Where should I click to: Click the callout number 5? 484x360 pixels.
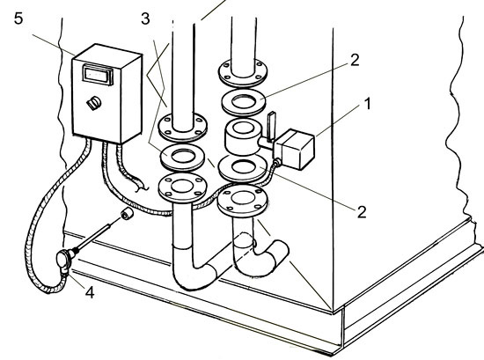(x=18, y=18)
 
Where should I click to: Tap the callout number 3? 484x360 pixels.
(x=145, y=18)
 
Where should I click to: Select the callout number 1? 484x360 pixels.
(x=367, y=104)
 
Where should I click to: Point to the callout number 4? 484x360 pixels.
(x=90, y=292)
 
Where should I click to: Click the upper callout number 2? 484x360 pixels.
(x=355, y=60)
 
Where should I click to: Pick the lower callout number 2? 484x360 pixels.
(x=362, y=212)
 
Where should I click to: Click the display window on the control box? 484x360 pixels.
(x=98, y=74)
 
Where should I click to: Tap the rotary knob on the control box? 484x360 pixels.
(x=93, y=103)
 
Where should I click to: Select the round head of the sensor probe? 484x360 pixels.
(x=64, y=261)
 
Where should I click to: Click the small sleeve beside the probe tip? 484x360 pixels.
(x=127, y=214)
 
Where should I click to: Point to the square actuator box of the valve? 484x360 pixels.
(x=294, y=149)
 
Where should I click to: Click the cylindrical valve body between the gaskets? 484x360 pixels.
(x=244, y=136)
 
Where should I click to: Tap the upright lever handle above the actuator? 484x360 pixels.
(x=271, y=127)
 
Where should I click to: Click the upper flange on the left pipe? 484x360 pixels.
(x=183, y=127)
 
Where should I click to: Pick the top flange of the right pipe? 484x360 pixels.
(x=243, y=72)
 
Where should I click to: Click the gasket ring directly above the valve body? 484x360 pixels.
(x=244, y=102)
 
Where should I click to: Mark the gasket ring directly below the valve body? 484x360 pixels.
(x=243, y=168)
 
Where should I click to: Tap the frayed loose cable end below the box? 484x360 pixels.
(x=140, y=184)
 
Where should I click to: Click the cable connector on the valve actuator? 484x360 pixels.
(x=277, y=162)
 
